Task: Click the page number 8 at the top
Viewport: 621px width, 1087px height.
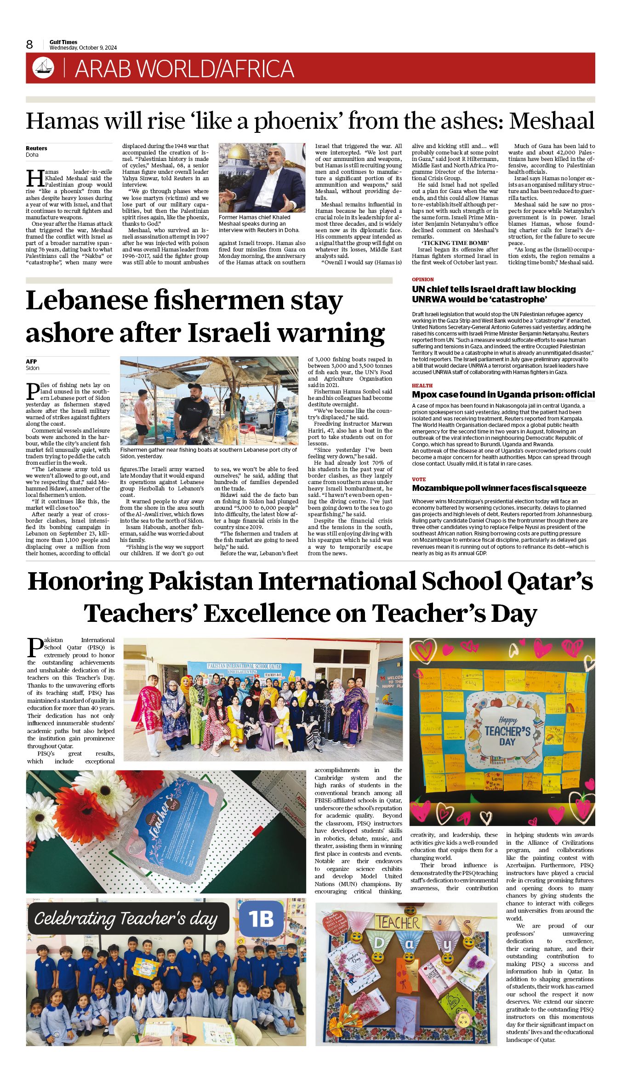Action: click(x=29, y=45)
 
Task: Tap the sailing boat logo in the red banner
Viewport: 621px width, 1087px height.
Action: click(x=43, y=68)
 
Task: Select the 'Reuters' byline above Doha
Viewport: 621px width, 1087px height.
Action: click(x=36, y=148)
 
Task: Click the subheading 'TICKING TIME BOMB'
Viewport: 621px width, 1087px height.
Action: click(x=455, y=243)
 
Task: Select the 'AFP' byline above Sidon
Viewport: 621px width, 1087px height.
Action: click(x=31, y=361)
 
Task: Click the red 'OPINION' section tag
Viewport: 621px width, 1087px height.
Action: click(x=422, y=279)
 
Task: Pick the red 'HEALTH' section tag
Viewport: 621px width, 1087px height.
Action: click(x=422, y=386)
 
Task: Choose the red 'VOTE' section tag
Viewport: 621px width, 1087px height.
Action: click(x=419, y=479)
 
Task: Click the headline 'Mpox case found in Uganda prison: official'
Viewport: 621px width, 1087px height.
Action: click(x=503, y=395)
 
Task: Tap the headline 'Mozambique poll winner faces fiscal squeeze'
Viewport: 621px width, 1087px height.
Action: click(x=499, y=488)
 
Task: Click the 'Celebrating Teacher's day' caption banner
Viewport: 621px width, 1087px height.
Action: click(x=126, y=919)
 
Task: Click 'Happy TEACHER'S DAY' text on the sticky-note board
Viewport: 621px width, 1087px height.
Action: click(x=507, y=730)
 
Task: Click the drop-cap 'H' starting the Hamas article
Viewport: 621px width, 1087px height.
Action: click(x=34, y=178)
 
